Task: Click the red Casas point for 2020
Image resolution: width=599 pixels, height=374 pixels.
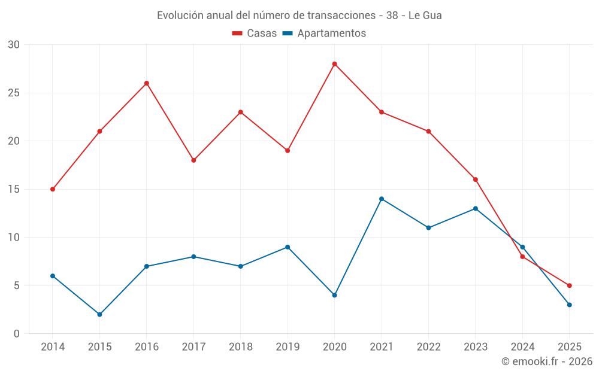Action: pos(334,64)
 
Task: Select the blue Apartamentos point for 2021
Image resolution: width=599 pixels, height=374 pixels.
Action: pos(382,199)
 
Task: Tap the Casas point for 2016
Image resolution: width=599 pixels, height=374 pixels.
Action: pos(146,83)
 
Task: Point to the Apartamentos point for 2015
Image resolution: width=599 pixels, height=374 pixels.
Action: pos(99,314)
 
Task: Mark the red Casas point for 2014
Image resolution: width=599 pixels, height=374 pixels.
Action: pos(53,189)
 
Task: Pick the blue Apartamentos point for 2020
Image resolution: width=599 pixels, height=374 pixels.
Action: pos(334,295)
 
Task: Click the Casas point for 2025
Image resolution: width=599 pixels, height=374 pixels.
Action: pos(569,285)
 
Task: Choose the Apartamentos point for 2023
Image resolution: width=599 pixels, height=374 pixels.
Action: pos(476,208)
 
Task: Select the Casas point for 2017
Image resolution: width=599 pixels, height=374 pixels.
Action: pos(193,160)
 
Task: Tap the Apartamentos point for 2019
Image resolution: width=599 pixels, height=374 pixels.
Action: pos(288,247)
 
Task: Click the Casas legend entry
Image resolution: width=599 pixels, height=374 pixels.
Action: pos(255,34)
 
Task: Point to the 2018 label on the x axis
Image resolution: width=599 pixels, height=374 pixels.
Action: pos(240,347)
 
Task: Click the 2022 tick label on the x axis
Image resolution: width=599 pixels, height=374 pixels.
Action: pos(428,347)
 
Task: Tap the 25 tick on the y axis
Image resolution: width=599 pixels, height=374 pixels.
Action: pos(14,93)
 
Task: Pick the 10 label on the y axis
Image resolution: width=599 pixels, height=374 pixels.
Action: pos(14,238)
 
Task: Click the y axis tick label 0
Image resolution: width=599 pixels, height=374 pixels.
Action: pos(17,334)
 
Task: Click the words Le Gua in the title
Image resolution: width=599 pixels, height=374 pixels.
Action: pos(425,16)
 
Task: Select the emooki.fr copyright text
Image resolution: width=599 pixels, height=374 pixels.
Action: pos(547,361)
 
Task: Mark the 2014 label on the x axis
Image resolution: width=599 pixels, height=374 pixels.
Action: pos(53,347)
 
